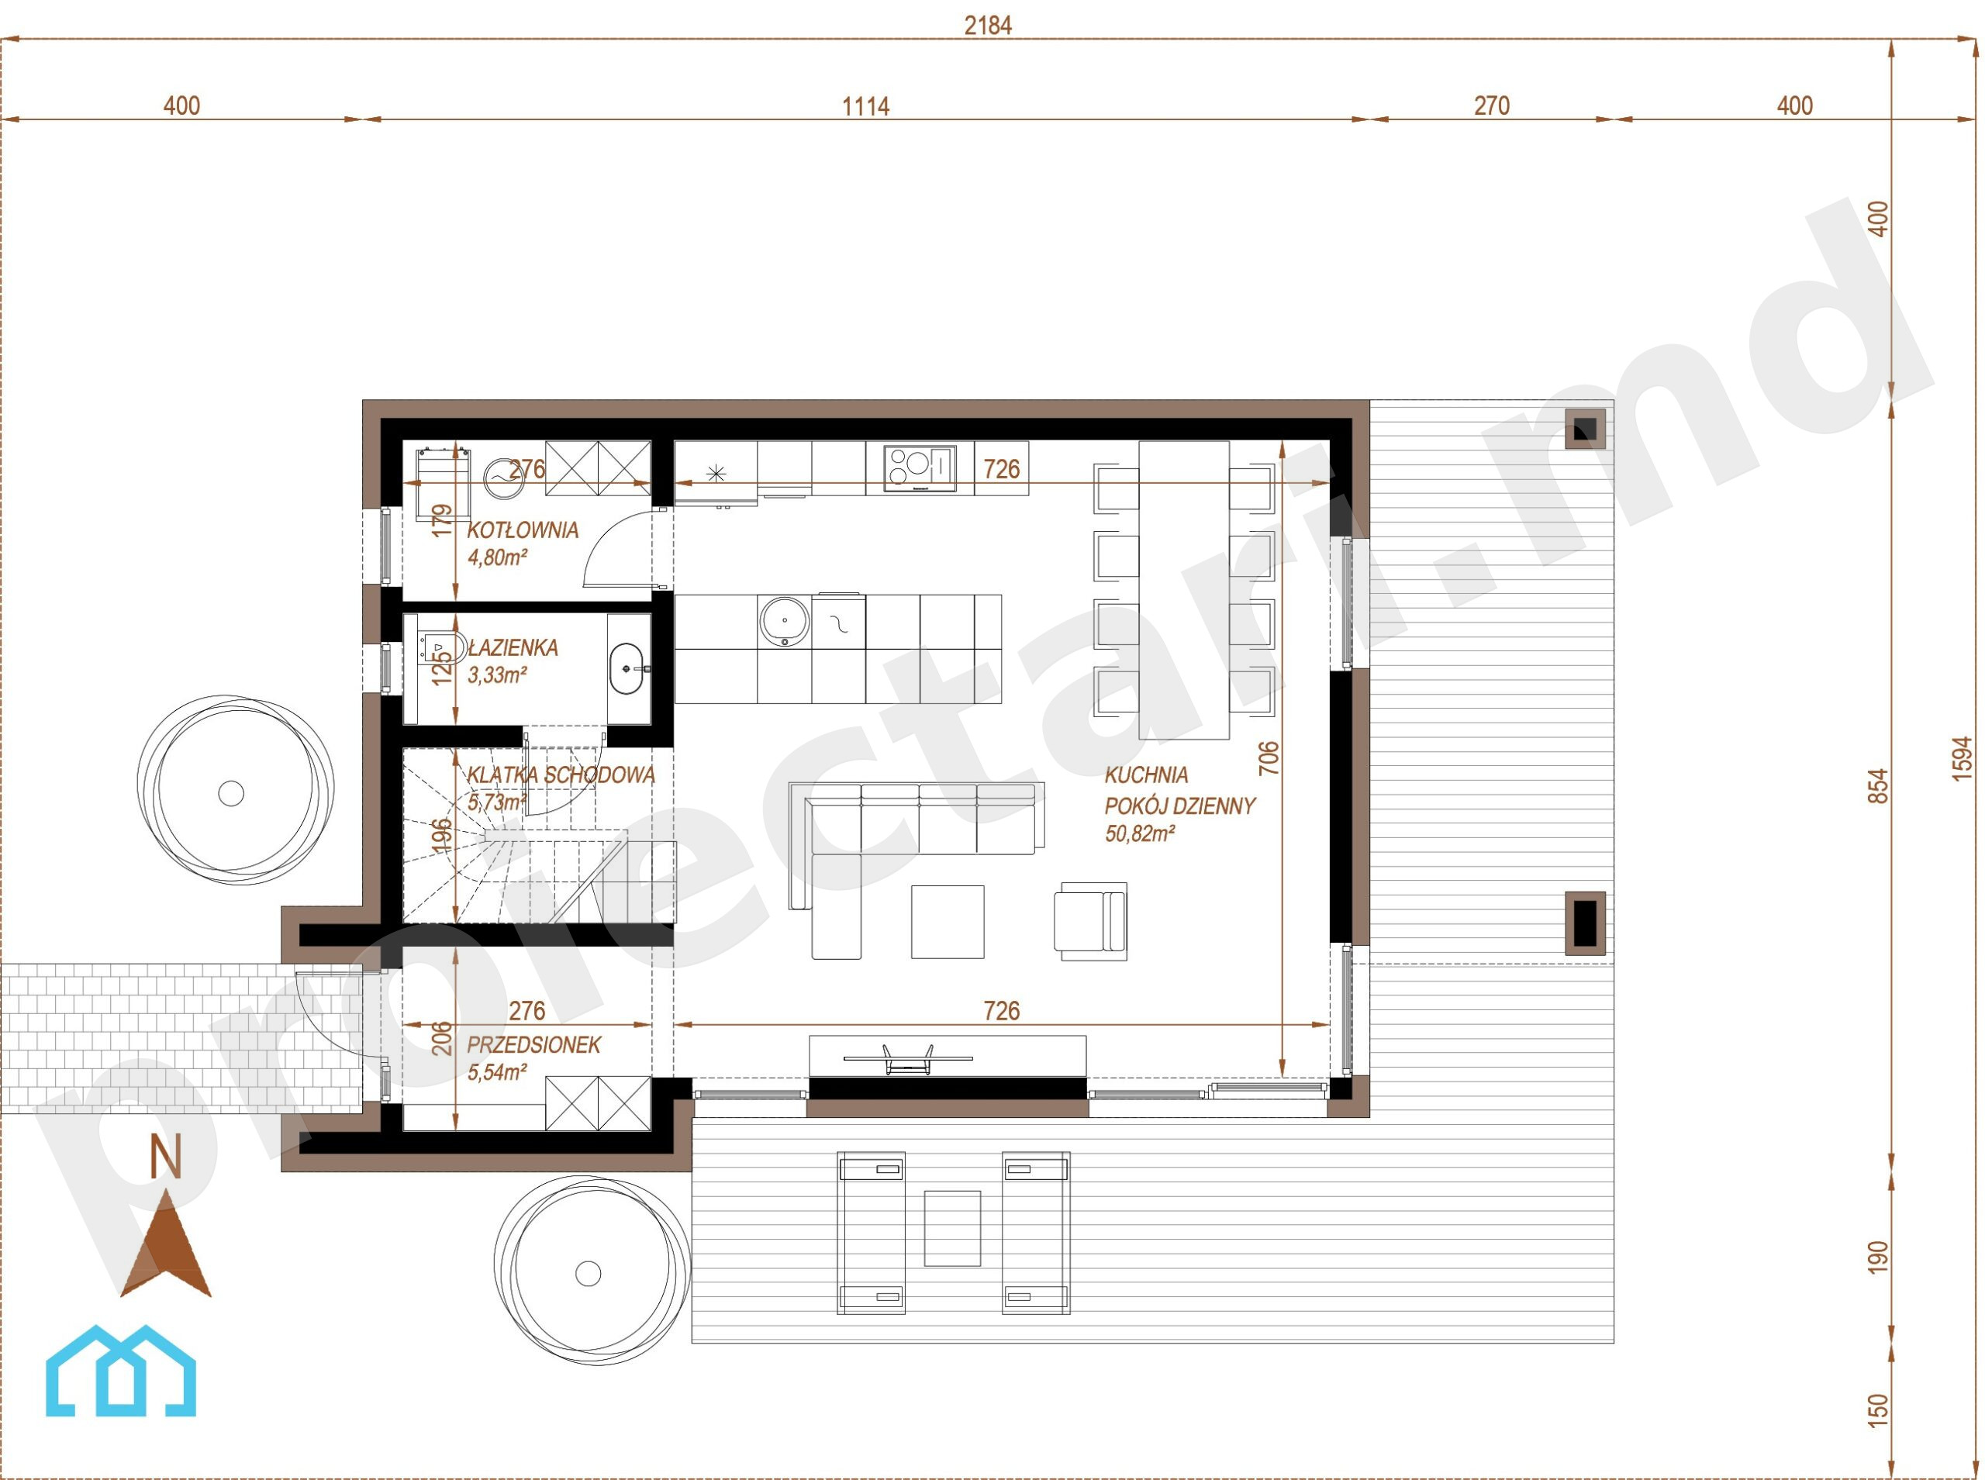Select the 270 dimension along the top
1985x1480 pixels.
(1491, 105)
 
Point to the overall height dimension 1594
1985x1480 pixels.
(1962, 758)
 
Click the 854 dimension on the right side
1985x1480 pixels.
(1879, 785)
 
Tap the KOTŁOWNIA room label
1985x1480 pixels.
(523, 530)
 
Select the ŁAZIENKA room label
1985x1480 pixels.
(513, 647)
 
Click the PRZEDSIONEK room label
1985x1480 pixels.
(534, 1044)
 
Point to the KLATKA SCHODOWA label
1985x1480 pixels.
(561, 775)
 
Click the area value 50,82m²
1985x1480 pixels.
(1139, 834)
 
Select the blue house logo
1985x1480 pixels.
(121, 1371)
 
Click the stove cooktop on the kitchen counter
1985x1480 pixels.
(920, 467)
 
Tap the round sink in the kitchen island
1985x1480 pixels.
(784, 621)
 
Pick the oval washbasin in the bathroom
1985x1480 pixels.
(630, 668)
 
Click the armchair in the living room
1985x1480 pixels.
(1090, 922)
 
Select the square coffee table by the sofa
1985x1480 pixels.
(948, 922)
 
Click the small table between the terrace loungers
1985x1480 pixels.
(952, 1228)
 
